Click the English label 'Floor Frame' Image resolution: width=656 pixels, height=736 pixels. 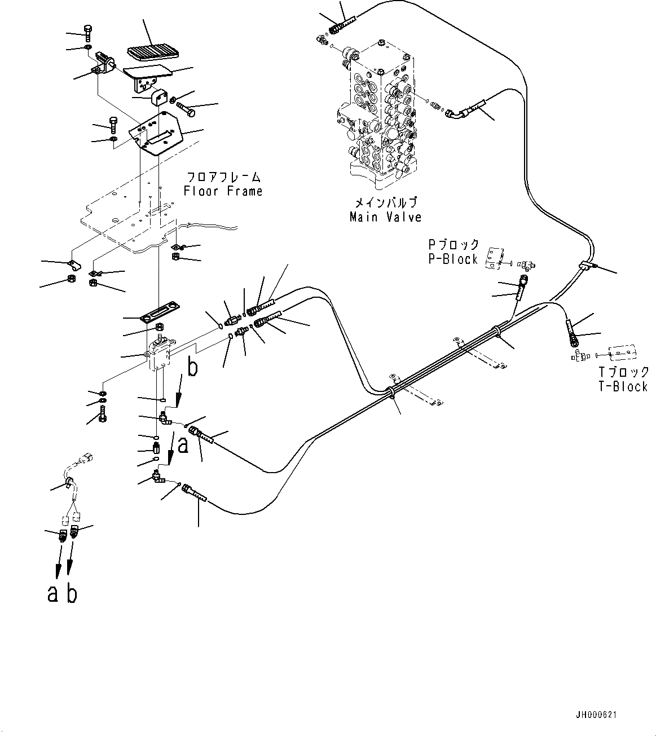(223, 191)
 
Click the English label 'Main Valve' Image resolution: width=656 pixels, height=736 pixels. (385, 217)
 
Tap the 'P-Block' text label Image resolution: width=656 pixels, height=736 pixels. (453, 259)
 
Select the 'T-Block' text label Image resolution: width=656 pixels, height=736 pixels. (623, 386)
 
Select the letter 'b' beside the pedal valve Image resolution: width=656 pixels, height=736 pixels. (192, 368)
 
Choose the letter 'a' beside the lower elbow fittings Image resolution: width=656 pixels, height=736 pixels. (183, 446)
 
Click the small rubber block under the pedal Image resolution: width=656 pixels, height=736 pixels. (160, 96)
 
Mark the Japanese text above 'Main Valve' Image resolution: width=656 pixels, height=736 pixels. (385, 202)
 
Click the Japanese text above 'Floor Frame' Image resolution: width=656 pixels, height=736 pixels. (223, 177)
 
